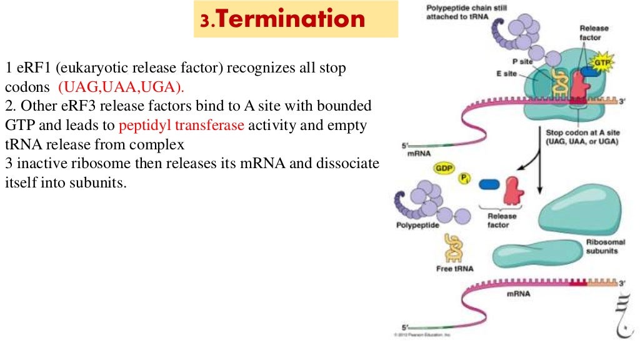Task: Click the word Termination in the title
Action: click(x=291, y=19)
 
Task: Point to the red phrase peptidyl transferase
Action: click(x=182, y=124)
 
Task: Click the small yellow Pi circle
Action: click(x=464, y=179)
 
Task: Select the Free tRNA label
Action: click(x=455, y=269)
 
